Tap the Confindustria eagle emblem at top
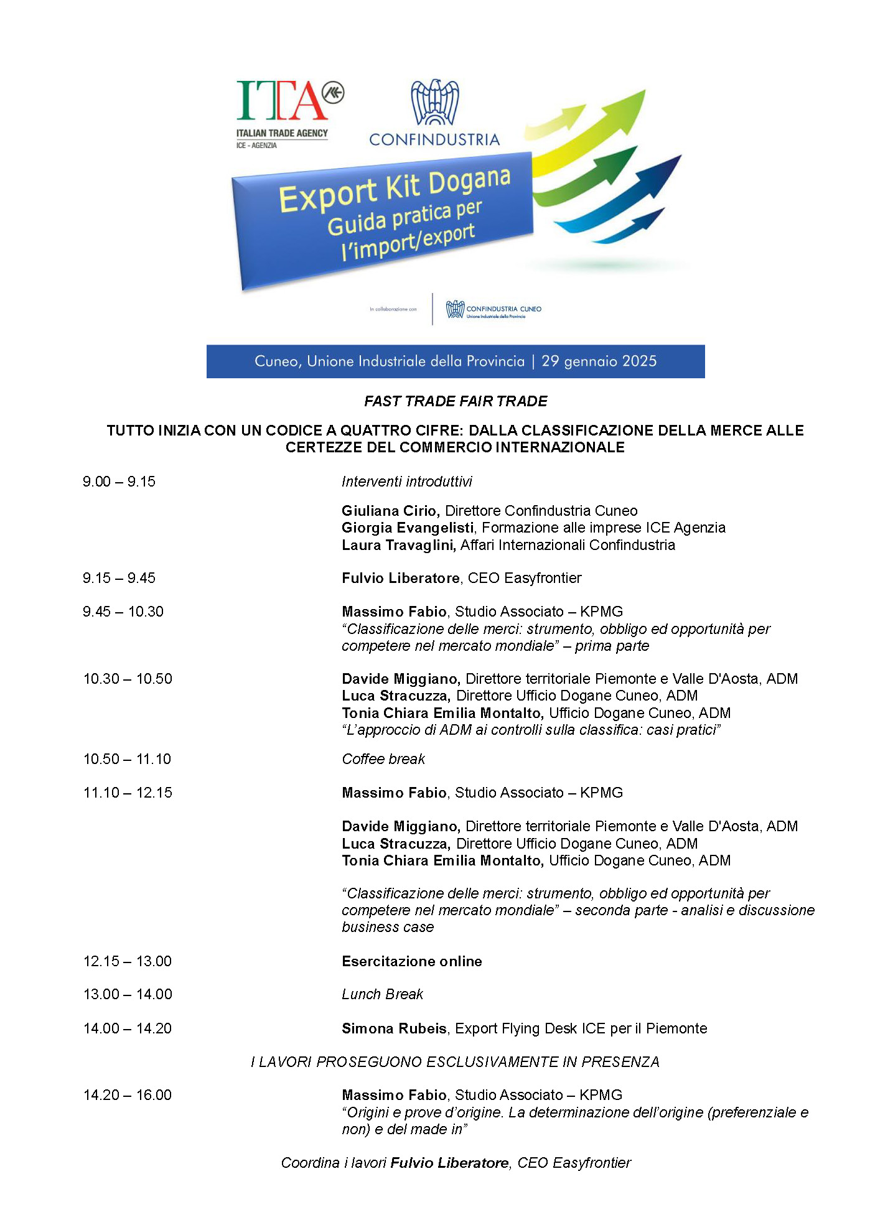click(434, 102)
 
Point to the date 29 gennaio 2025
click(599, 361)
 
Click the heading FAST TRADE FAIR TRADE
click(456, 401)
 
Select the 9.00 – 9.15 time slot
click(119, 482)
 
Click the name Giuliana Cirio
click(390, 511)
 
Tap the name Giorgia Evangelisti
click(408, 528)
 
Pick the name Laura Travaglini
click(398, 545)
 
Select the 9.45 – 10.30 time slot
click(123, 612)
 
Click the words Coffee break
click(383, 759)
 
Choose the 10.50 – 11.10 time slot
click(128, 759)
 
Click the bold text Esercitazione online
click(412, 961)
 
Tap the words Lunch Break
click(382, 994)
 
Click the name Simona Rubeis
click(393, 1028)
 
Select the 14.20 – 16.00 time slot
click(128, 1095)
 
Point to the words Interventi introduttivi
click(407, 482)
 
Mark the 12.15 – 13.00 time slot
click(128, 961)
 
